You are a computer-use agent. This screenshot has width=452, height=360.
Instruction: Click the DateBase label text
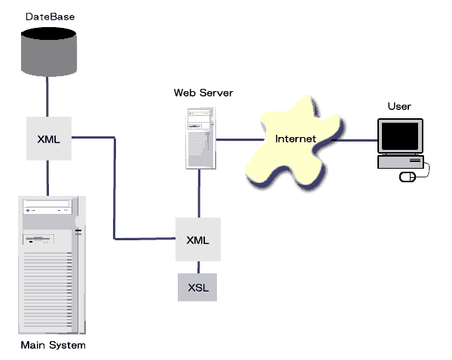coord(50,16)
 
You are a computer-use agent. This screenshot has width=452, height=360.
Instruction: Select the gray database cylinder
coord(49,52)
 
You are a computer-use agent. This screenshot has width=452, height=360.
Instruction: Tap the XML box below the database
coord(48,138)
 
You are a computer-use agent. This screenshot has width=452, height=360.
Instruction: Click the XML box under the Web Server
coord(197,239)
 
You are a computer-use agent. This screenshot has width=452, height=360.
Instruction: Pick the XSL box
coord(197,288)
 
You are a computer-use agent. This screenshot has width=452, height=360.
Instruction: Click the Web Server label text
coord(203,93)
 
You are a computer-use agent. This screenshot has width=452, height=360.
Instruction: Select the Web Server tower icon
coord(200,136)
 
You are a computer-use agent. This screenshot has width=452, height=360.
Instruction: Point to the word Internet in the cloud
coord(295,139)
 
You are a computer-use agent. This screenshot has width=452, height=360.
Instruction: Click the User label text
coord(399,106)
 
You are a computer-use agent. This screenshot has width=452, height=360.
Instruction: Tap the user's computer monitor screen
coord(399,136)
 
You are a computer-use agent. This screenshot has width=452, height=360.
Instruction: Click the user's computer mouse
coord(407,177)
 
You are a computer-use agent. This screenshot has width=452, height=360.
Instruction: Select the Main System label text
coord(53,345)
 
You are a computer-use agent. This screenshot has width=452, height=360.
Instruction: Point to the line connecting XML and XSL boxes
coord(198,267)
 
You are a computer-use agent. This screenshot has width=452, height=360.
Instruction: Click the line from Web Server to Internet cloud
coord(237,139)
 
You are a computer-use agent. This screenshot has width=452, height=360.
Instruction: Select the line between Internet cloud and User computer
coord(354,139)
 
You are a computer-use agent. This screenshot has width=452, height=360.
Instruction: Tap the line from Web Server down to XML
coord(199,194)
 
